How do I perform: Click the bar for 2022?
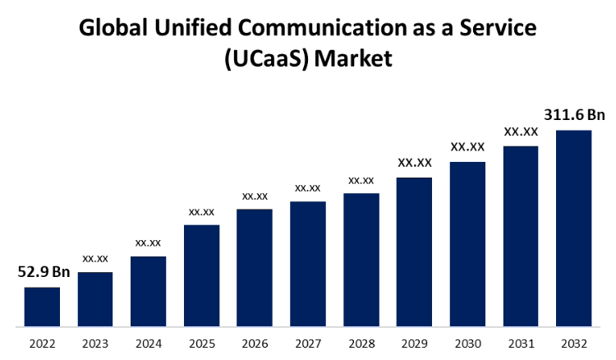[42, 307]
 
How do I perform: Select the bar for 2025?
[201, 275]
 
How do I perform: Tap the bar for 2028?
[361, 260]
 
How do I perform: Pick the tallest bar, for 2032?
[574, 228]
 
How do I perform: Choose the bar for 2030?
[467, 244]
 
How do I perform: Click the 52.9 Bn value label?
[44, 272]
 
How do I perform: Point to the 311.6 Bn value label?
[574, 115]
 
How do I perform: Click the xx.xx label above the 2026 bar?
[255, 196]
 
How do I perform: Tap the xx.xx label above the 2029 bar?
[415, 163]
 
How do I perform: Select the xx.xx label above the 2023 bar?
[95, 258]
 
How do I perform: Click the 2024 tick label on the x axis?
[148, 344]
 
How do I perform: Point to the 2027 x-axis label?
[308, 344]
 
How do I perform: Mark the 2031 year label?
[521, 344]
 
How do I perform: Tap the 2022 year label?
[42, 344]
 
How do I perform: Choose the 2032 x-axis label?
[574, 344]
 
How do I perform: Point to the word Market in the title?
[354, 59]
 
